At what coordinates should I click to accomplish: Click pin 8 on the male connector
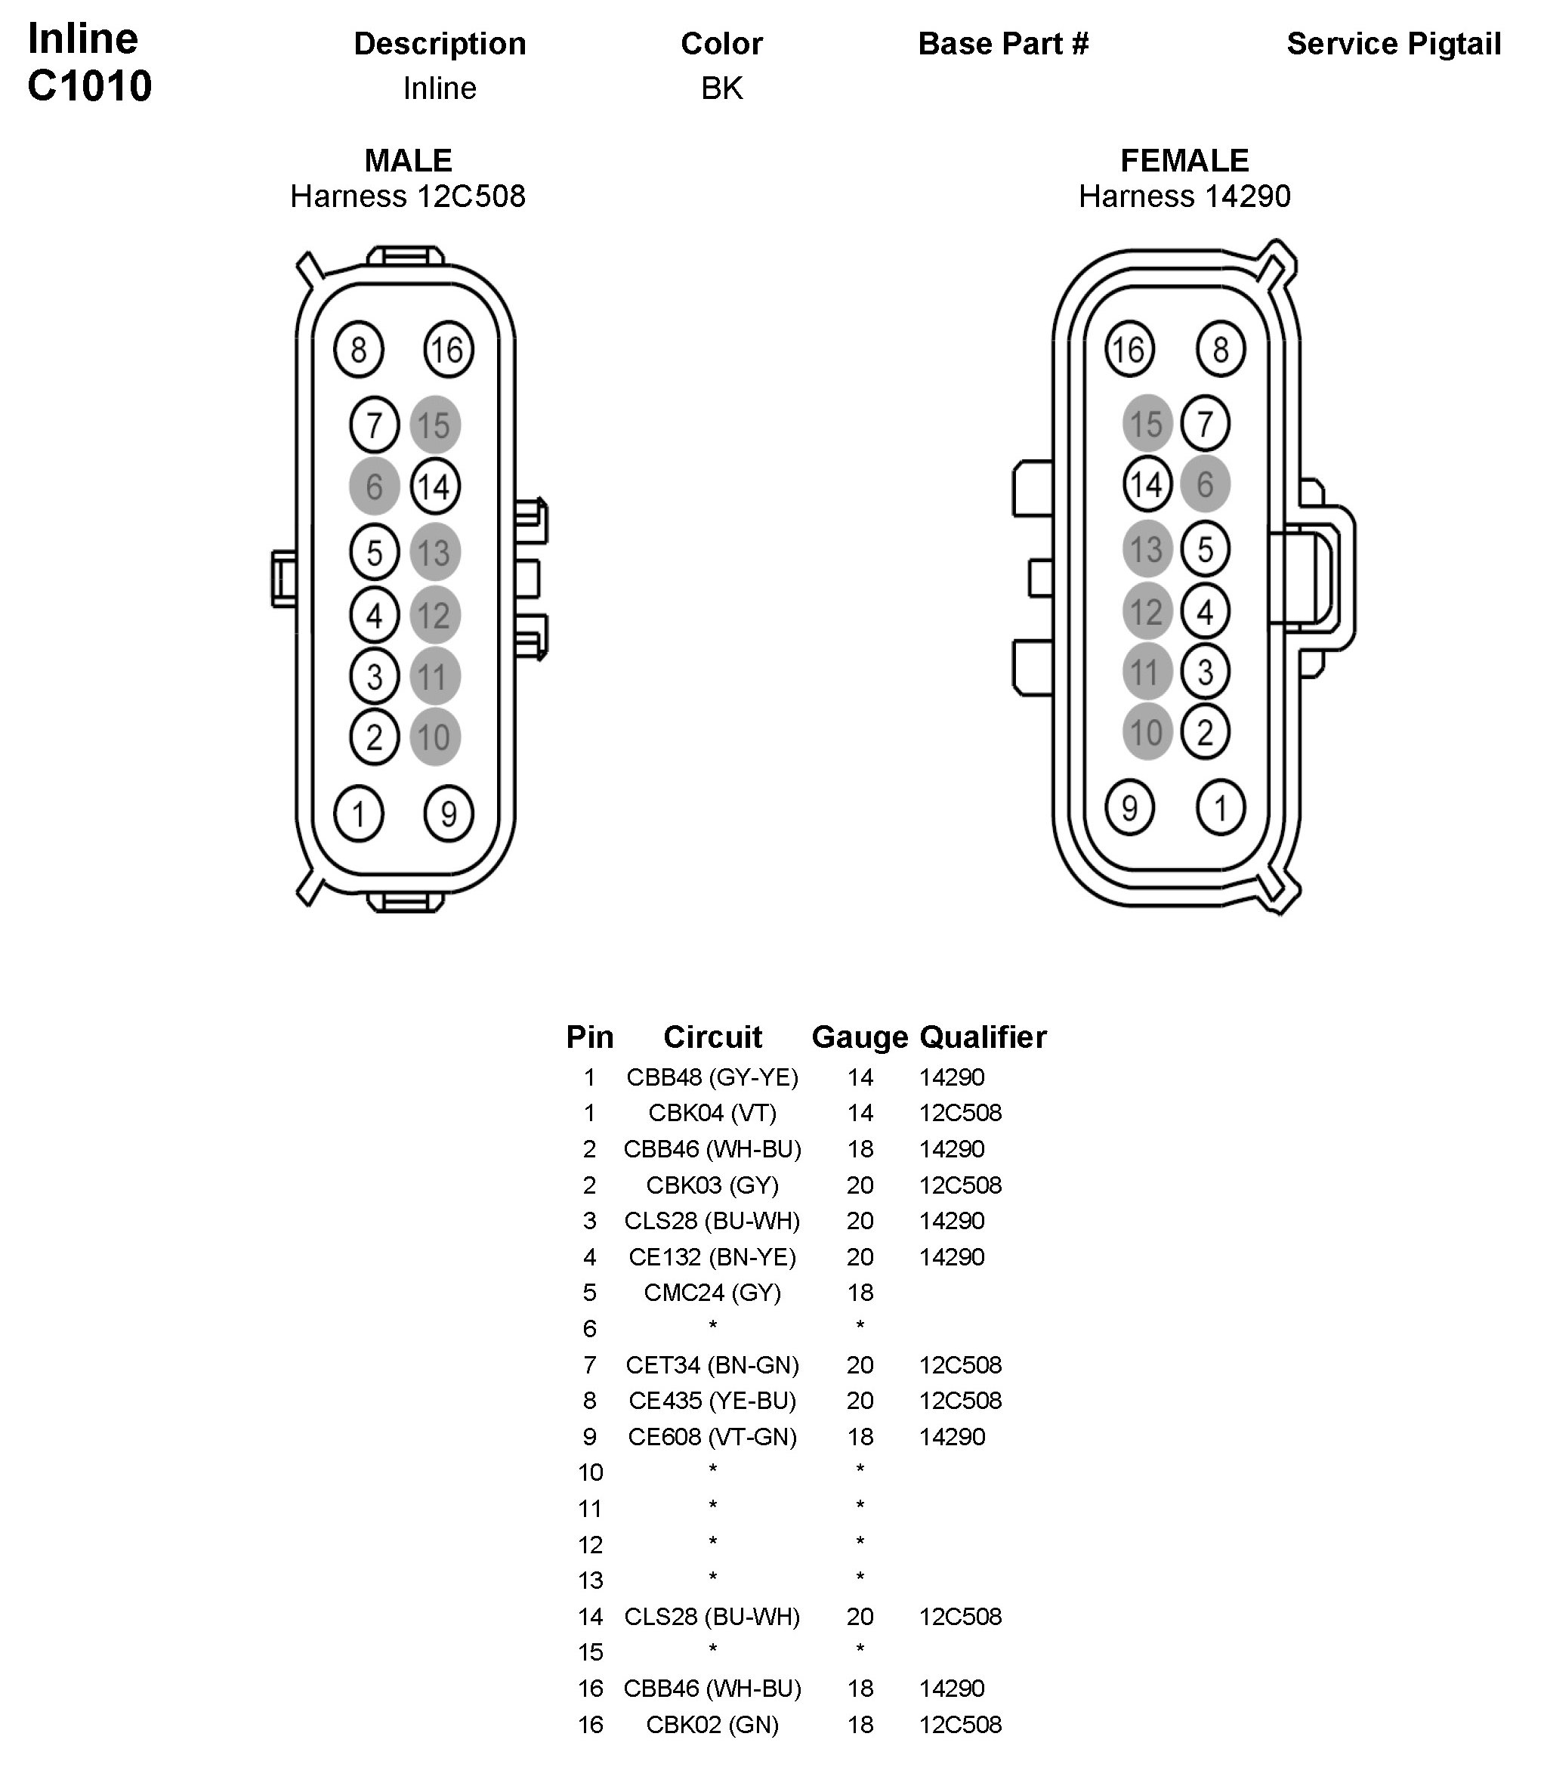tap(358, 350)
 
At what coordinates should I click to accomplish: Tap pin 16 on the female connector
tap(1129, 350)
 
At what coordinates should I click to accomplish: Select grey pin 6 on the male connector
tap(374, 486)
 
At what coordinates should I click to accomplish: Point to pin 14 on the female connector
tap(1147, 484)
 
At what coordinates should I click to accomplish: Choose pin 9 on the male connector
tap(448, 814)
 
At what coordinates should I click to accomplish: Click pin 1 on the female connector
tap(1220, 808)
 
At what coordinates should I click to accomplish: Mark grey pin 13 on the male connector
tap(434, 552)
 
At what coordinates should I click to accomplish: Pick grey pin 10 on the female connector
tap(1147, 732)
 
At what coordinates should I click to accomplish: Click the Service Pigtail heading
tap(1393, 44)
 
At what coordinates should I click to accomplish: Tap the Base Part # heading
tap(1003, 44)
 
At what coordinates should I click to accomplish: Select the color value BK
tap(722, 88)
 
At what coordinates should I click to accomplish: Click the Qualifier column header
tap(983, 1037)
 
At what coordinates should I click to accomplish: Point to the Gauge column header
tap(859, 1037)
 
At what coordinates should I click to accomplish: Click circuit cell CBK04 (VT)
tap(712, 1113)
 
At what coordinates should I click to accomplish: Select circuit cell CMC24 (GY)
tap(712, 1293)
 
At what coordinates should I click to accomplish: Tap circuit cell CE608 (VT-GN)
tap(712, 1437)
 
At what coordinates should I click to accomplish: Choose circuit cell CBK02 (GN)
tap(712, 1724)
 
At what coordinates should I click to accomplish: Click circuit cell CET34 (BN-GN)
tap(712, 1365)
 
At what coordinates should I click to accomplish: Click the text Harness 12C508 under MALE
tap(408, 197)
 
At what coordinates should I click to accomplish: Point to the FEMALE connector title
tap(1184, 161)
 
